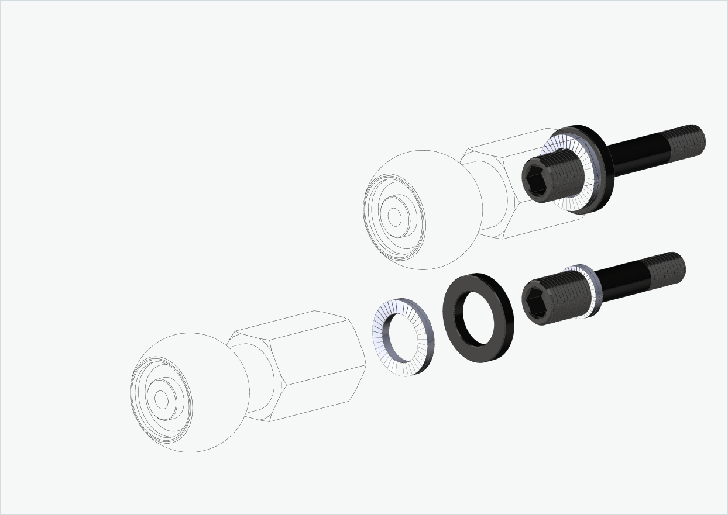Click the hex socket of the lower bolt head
536,302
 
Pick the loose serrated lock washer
382,339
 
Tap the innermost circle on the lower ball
162,399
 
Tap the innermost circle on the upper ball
395,217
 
